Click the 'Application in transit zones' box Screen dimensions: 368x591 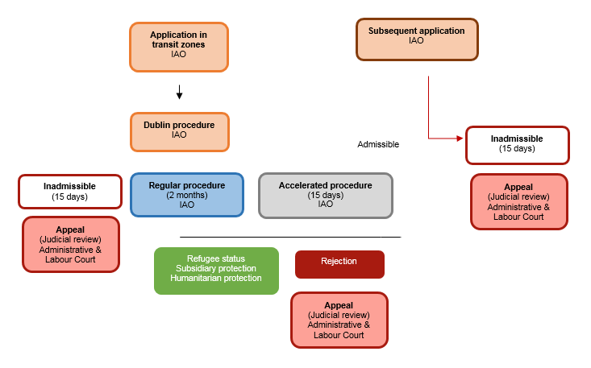178,47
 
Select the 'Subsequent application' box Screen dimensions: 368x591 417,39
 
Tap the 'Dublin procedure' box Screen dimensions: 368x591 179,131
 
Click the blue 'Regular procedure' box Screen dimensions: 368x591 186,194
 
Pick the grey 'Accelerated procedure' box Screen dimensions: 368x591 325,194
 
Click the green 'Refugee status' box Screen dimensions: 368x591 215,270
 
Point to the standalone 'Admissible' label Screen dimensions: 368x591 378,145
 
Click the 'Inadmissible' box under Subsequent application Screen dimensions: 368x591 517,144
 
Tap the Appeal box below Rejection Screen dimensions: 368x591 339,320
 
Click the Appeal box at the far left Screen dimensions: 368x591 70,244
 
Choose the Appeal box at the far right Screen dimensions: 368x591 518,201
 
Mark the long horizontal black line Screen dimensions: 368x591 289,237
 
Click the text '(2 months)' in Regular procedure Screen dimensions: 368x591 186,195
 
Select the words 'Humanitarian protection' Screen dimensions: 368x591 215,279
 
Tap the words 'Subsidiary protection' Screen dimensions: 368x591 215,268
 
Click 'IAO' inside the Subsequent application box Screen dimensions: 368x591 416,41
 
